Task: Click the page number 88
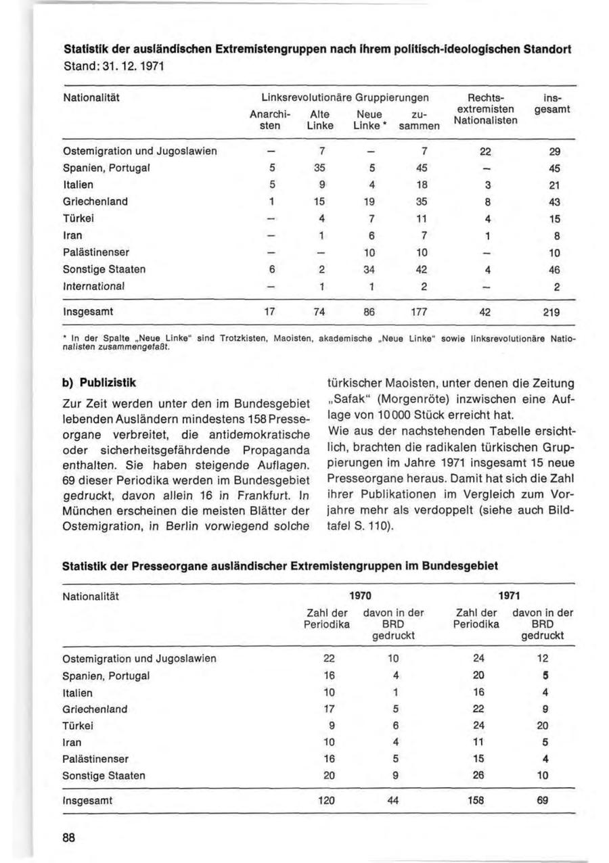coord(68,836)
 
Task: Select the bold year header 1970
coord(361,596)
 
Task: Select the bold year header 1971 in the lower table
coord(509,596)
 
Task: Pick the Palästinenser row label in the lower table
coord(95,759)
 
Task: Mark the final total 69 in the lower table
coord(541,799)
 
